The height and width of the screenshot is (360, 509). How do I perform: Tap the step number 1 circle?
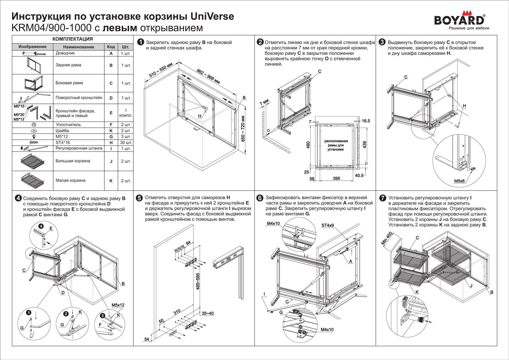[140, 42]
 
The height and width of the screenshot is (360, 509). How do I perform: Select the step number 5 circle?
[139, 198]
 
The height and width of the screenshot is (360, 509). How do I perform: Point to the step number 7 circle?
[383, 198]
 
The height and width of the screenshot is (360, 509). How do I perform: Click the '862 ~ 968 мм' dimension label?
[208, 76]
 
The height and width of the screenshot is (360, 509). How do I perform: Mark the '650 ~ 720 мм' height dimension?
[243, 129]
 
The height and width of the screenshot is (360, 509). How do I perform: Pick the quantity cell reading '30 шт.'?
[126, 143]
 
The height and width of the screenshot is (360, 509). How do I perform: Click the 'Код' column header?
[111, 47]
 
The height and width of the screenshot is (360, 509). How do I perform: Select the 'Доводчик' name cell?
[65, 53]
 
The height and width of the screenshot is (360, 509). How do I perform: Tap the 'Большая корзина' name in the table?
[73, 161]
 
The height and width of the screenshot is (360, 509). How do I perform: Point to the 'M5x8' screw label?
[459, 181]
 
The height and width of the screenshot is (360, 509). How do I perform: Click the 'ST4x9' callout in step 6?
[328, 225]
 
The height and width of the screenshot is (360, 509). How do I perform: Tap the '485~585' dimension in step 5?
[198, 281]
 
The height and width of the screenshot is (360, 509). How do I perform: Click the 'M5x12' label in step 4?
[118, 305]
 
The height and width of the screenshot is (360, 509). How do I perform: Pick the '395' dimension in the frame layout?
[336, 178]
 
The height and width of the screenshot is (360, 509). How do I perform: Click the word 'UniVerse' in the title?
[212, 16]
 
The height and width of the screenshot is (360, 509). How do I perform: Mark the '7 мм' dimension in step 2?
[264, 103]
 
